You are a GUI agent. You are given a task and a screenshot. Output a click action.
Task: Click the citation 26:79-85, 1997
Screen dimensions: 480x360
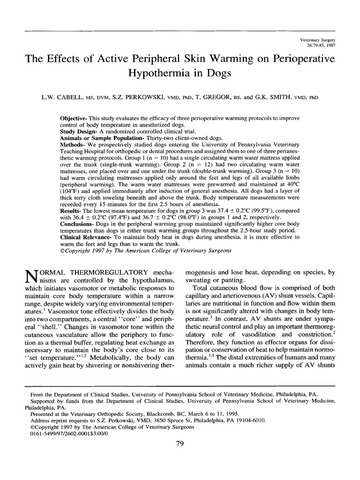[321, 47]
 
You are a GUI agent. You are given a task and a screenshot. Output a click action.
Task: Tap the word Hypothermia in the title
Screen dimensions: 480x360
[156, 74]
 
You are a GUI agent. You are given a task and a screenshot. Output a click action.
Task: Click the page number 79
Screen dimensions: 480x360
[180, 445]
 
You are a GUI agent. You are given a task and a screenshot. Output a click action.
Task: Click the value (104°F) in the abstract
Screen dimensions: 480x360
[71, 191]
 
